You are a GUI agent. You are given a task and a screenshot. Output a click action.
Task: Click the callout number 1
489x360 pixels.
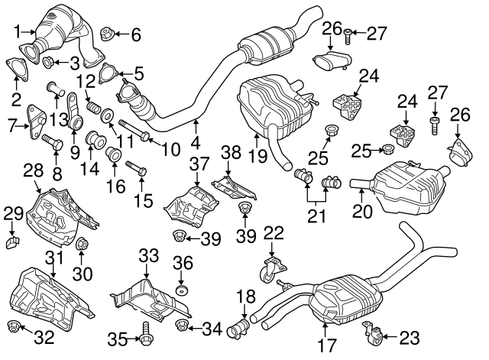(x=18, y=31)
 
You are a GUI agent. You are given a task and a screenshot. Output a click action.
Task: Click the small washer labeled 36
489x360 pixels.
(x=182, y=291)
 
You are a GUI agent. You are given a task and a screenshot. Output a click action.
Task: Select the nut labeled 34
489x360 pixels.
(x=183, y=329)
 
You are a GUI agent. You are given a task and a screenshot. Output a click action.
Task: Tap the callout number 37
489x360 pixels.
(x=198, y=163)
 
